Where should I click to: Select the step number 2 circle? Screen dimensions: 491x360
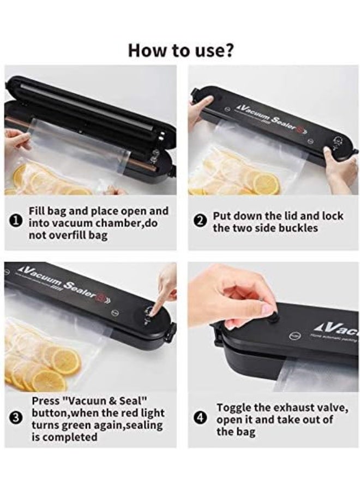click(x=200, y=221)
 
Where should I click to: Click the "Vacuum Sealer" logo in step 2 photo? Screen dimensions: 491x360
click(x=267, y=112)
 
